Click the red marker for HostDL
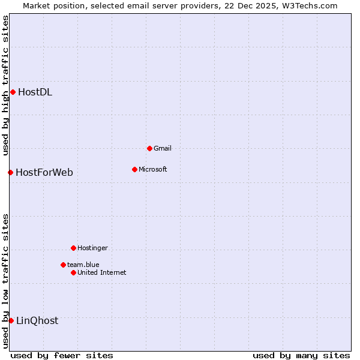(x=13, y=92)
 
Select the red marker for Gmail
(x=149, y=148)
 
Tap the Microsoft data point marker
(x=134, y=169)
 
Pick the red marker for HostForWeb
(x=10, y=172)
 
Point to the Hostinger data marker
(x=73, y=248)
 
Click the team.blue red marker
(x=63, y=265)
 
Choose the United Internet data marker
(x=73, y=272)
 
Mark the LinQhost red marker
(x=11, y=320)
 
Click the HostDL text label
(x=35, y=92)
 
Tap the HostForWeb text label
(x=44, y=173)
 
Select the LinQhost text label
(x=37, y=321)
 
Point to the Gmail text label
(x=163, y=148)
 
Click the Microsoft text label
(x=153, y=169)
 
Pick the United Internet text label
(x=102, y=272)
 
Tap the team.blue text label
(x=83, y=265)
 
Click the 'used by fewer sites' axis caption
(x=62, y=355)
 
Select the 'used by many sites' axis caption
(x=301, y=355)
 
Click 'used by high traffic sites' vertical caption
(x=5, y=85)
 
